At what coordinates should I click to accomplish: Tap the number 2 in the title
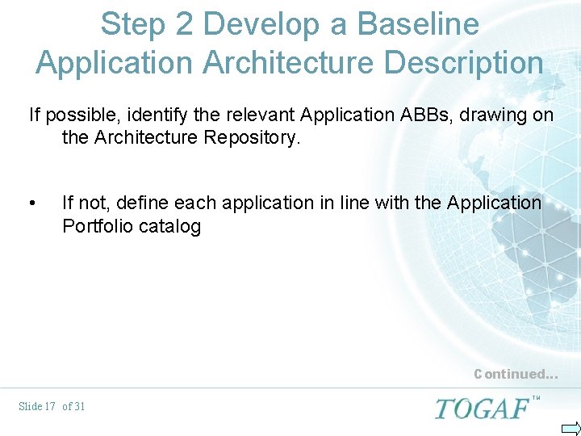184,24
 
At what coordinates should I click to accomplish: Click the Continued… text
516,374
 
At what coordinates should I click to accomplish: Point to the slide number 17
48,406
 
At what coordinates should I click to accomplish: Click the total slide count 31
79,406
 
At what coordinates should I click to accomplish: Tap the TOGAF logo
482,408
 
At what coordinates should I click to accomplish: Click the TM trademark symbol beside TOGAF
537,398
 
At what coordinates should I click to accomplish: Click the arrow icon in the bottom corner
571,428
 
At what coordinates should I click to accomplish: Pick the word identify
147,115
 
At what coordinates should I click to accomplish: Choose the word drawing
499,115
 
